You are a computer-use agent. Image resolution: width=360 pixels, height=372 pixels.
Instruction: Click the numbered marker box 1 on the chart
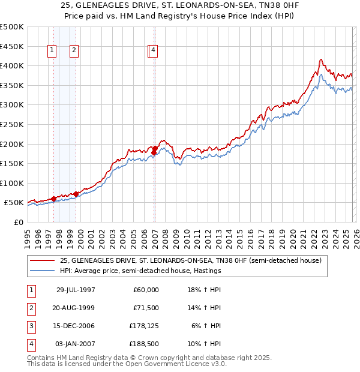point(53,51)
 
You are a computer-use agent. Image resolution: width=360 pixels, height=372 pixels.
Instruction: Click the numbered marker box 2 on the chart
point(74,51)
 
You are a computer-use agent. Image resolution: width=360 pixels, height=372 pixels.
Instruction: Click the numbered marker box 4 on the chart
point(154,51)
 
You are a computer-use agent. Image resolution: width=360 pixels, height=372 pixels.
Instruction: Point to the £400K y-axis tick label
point(12,65)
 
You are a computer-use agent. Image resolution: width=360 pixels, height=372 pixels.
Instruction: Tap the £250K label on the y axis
point(12,124)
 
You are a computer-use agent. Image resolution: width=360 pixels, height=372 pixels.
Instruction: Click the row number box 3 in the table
point(30,326)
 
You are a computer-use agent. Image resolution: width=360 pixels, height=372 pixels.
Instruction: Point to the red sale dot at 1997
point(53,199)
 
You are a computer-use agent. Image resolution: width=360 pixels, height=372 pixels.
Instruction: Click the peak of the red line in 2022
point(321,59)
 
